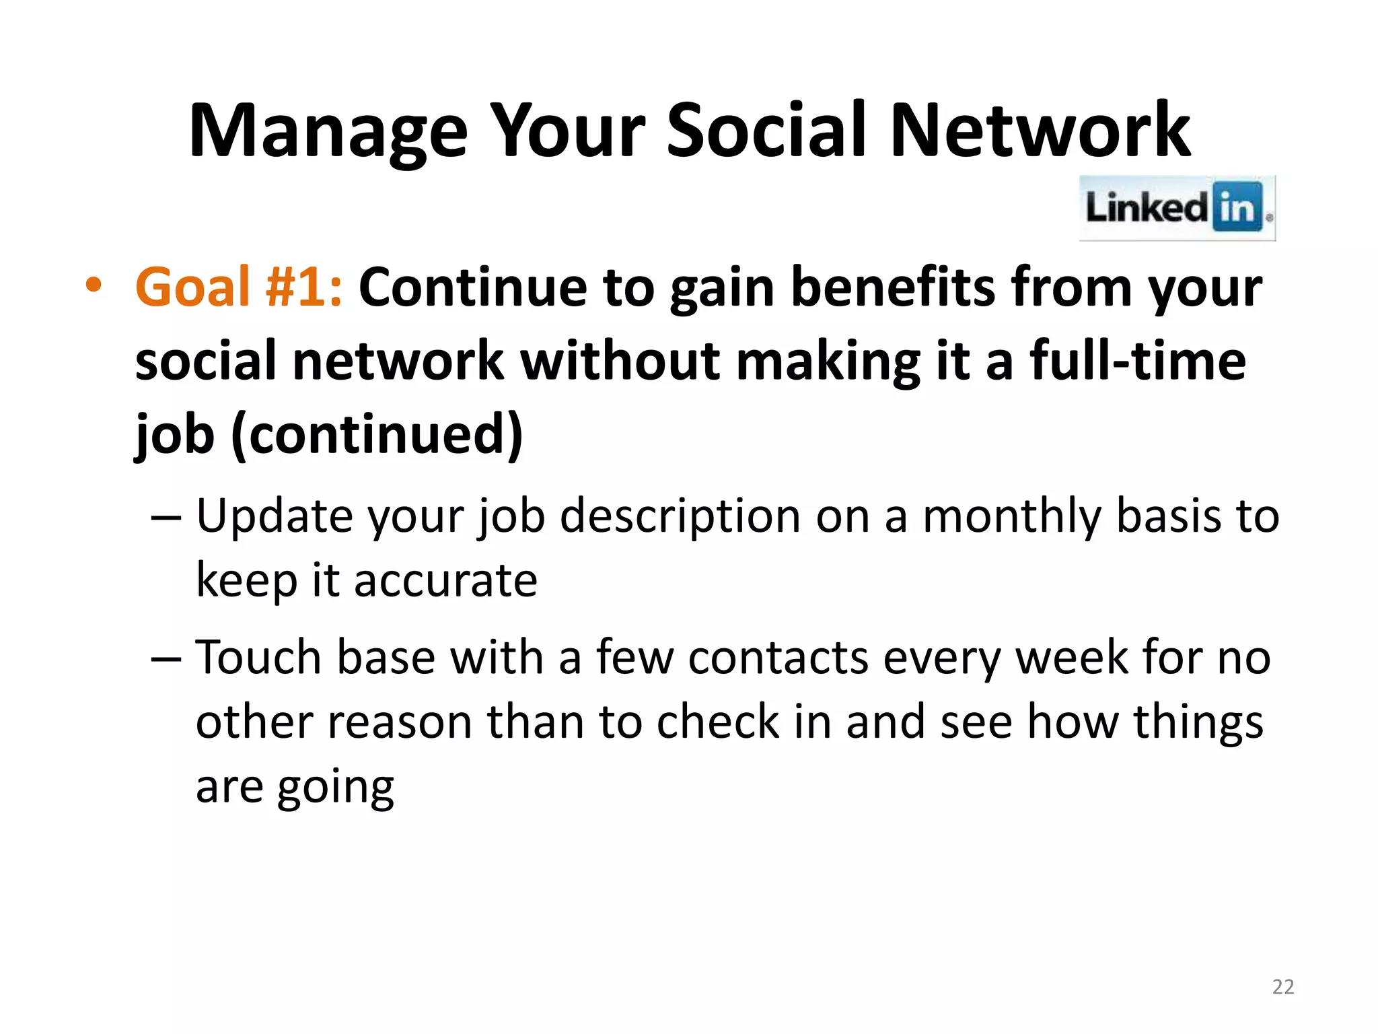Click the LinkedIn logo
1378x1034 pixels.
(x=1177, y=207)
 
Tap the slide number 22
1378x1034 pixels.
(x=1283, y=987)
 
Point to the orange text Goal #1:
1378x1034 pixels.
(x=238, y=287)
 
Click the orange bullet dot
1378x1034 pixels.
(x=94, y=285)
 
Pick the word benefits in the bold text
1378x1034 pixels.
(x=892, y=287)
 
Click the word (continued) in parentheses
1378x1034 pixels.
(x=377, y=434)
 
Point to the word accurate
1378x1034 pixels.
(x=445, y=580)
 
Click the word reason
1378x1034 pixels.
(x=401, y=722)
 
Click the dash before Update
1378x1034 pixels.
(x=166, y=518)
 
